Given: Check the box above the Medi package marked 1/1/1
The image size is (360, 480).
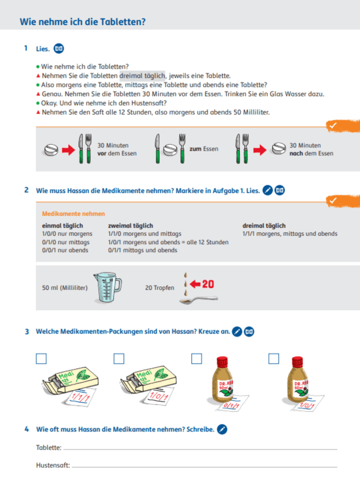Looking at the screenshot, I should (x=41, y=359).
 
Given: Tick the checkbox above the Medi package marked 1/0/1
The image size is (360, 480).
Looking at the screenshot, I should (x=119, y=359).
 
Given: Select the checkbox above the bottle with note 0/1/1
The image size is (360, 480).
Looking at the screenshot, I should (x=196, y=359).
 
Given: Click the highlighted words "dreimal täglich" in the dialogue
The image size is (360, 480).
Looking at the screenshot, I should (x=142, y=76).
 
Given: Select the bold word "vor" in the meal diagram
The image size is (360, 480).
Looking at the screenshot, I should (x=103, y=153).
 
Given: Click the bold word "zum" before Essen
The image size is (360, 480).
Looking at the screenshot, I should (x=195, y=149).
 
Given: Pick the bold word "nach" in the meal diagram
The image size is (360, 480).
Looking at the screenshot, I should (x=296, y=153).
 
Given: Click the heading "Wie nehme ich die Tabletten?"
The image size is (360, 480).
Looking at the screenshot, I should (x=83, y=22).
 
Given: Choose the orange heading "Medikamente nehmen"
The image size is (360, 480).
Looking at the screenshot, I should (x=73, y=214).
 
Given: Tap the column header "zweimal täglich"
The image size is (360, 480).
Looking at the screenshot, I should (x=130, y=226).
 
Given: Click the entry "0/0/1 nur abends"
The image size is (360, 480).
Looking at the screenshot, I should (x=65, y=250).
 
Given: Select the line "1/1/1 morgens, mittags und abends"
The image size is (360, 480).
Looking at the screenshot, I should (x=290, y=233).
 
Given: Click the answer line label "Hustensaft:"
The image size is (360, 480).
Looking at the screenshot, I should (x=53, y=465).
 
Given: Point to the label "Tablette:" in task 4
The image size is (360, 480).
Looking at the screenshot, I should (x=49, y=448).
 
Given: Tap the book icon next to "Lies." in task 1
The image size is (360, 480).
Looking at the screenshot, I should (x=59, y=48).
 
